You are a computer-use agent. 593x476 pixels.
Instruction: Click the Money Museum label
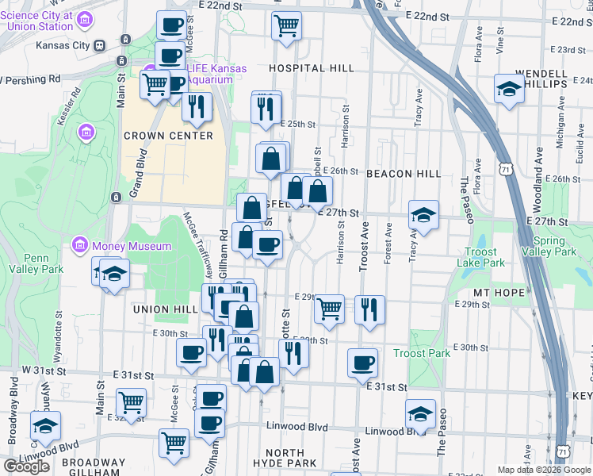pos(131,246)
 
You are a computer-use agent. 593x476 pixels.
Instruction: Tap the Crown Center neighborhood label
pos(168,136)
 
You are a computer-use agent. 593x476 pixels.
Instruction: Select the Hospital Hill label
pos(311,68)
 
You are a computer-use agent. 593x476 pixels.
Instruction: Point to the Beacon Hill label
pos(403,174)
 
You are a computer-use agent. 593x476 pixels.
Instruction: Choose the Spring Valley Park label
pos(554,247)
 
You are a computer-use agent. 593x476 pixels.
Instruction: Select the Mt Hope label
pos(499,294)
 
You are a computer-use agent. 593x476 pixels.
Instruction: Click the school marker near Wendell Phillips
pos(508,89)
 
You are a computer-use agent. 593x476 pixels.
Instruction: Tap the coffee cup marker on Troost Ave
pos(363,363)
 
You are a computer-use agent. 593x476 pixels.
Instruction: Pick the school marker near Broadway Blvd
pos(45,425)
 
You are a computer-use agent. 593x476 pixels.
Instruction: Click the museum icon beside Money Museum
pos(79,246)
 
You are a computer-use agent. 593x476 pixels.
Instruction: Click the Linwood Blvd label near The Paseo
pos(396,432)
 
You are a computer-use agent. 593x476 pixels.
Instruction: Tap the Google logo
pos(26,466)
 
